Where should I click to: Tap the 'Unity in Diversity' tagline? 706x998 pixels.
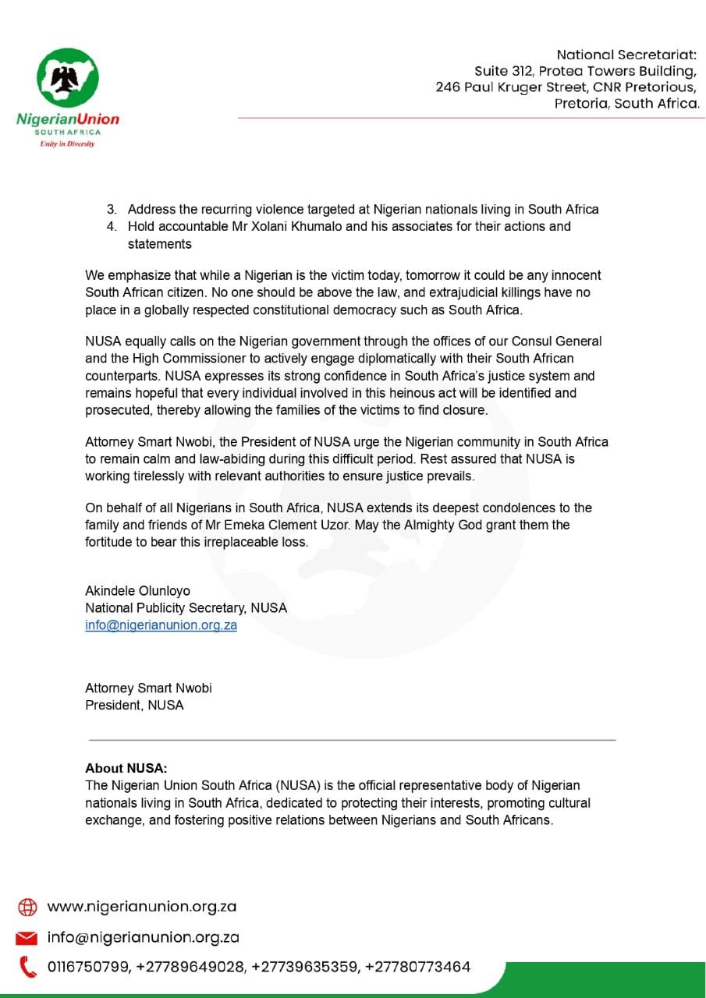click(68, 144)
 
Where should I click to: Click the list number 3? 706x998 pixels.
click(112, 209)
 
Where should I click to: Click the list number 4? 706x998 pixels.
click(112, 226)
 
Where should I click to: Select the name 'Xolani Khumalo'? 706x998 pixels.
click(286, 226)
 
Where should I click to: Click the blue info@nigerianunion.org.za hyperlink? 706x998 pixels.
click(161, 625)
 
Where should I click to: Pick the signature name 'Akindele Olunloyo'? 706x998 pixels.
click(137, 590)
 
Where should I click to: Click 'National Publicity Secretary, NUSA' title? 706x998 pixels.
click(186, 607)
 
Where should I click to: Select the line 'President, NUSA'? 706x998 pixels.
click(134, 705)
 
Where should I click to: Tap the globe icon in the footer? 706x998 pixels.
click(27, 907)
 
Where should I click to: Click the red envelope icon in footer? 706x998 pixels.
click(27, 937)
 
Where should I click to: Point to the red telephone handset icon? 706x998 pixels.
click(27, 967)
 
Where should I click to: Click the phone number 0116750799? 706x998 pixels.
click(88, 967)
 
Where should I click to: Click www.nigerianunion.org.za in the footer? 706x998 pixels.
click(142, 907)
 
